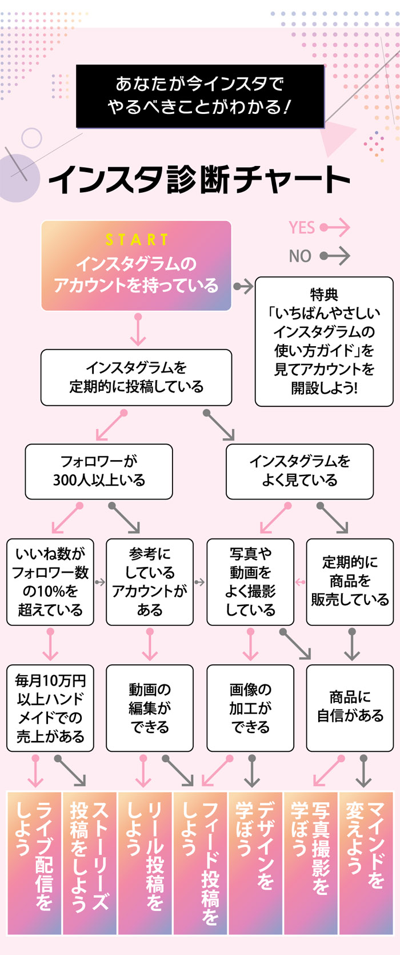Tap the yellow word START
coord(137,239)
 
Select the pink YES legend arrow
coord(335,228)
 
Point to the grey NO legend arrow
coord(335,256)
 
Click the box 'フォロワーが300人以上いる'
coord(99,471)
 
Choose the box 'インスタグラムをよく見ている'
coord(299,471)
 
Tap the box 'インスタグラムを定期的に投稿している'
coord(136,377)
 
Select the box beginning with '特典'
coord(324,342)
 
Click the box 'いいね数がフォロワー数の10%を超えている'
coord(50,581)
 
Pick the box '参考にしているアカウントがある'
coord(150,581)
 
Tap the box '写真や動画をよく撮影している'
coord(250,581)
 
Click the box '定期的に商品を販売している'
coord(350,581)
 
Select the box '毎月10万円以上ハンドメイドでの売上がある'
coord(50,708)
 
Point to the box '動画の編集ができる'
coord(150,708)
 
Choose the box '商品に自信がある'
coord(350,708)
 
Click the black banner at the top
coord(200,96)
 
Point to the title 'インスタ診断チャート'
coord(200,179)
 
